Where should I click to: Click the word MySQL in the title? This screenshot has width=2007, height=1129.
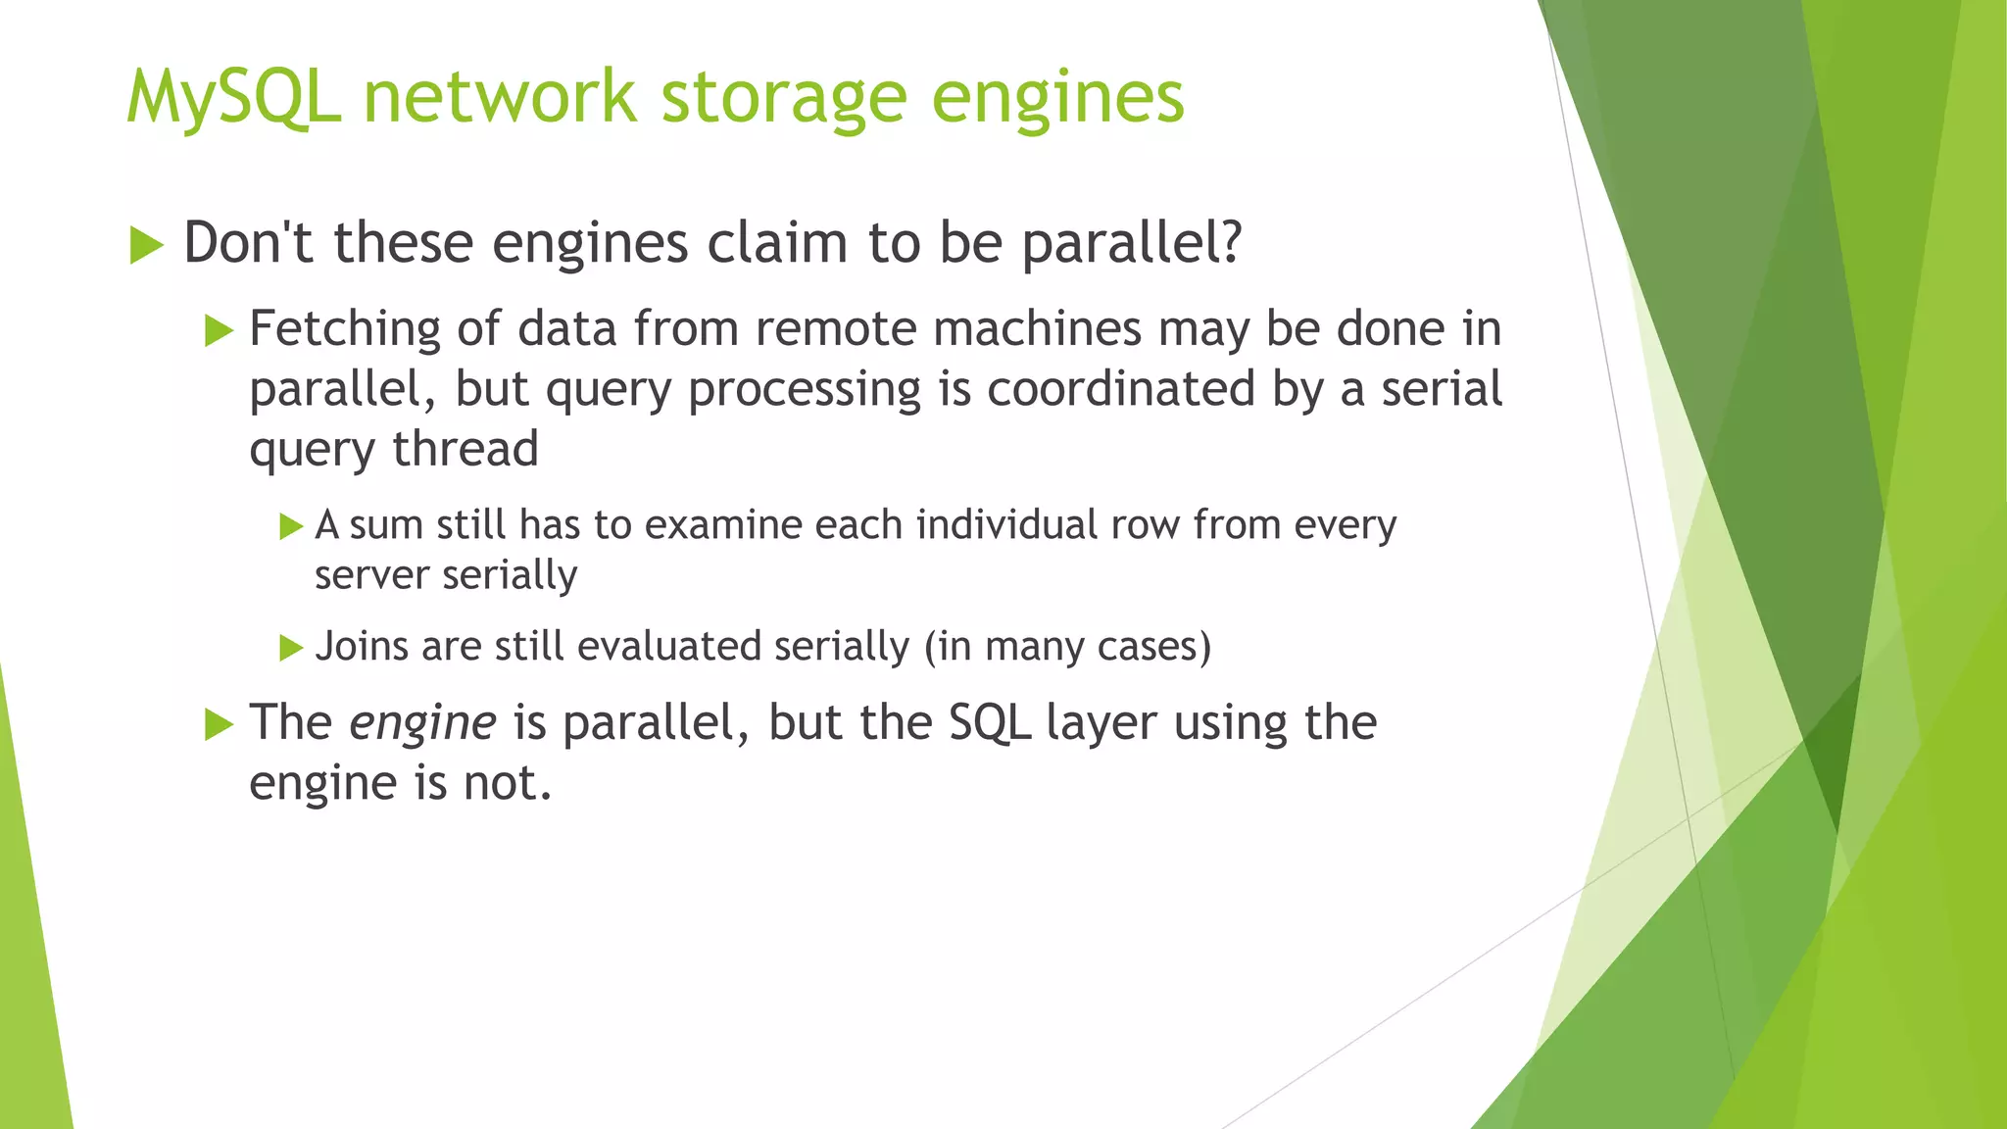click(233, 98)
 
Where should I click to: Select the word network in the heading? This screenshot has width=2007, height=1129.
click(500, 98)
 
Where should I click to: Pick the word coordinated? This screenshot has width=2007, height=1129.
click(1121, 389)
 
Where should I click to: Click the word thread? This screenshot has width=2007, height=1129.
click(465, 449)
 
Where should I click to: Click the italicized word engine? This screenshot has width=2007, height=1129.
click(423, 723)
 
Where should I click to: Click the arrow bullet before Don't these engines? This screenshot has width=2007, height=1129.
click(146, 244)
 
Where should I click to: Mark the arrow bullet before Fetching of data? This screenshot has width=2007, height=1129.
click(219, 330)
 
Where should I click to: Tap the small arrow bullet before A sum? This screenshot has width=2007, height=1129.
click(291, 526)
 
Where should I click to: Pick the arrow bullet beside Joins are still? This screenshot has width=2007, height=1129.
click(291, 648)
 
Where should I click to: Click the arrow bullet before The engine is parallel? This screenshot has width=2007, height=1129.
click(219, 725)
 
